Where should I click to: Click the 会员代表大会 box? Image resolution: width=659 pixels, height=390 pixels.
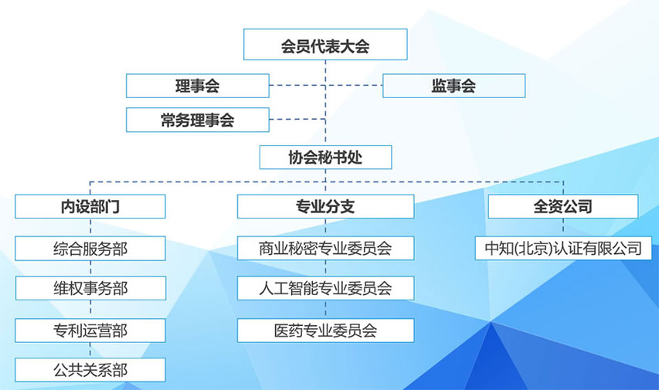325,45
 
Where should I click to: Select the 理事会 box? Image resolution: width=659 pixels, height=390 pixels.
198,86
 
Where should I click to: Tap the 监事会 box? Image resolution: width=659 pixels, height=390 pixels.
454,86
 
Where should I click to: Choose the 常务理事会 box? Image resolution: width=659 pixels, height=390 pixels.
198,120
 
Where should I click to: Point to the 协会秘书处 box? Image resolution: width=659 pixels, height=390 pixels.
326,158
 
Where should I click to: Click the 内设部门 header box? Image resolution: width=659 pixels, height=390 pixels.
90,206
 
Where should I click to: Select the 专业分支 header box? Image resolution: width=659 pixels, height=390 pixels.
326,206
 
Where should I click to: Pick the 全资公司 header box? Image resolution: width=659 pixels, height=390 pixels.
563,206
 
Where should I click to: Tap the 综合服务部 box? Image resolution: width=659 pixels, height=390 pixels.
90,249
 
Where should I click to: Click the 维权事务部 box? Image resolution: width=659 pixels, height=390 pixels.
91,288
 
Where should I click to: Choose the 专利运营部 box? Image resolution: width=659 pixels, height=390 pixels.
90,331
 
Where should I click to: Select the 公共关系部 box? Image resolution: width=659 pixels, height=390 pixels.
90,370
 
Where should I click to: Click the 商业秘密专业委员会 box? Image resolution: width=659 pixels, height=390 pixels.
326,248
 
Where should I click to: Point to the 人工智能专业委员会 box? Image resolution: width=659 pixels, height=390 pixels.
326,288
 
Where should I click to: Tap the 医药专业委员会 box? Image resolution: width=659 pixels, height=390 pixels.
326,331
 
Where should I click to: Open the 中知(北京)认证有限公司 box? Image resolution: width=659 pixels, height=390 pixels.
564,248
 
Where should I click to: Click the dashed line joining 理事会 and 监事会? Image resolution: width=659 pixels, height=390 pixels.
326,85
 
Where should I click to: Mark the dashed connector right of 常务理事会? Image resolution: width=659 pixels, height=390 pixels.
297,120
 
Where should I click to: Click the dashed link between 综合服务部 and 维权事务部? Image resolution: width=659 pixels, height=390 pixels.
90,268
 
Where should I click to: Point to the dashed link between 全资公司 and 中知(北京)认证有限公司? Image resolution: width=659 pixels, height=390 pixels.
563,227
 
